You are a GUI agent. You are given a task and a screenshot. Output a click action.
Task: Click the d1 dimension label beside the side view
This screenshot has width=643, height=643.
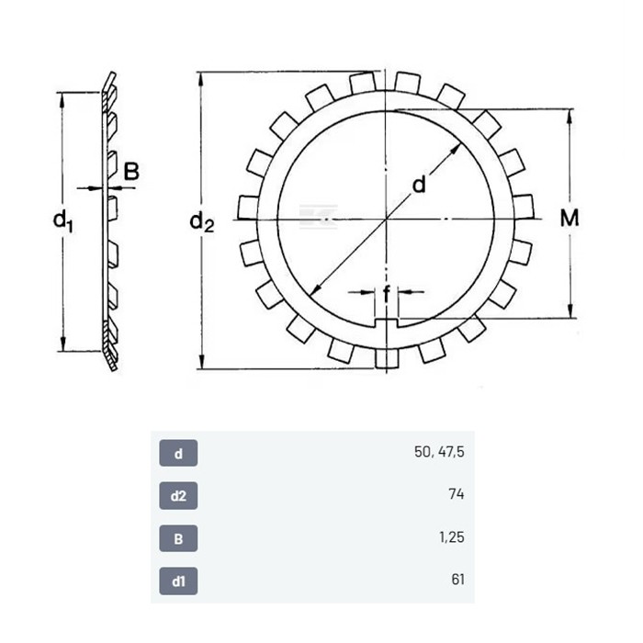coord(63,221)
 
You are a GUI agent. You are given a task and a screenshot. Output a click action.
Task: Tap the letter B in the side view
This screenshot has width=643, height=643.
coord(131,172)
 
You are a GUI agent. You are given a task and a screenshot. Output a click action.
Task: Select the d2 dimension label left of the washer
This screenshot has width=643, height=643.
coord(202,222)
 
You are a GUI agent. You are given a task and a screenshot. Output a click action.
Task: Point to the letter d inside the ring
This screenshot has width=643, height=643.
coord(419,184)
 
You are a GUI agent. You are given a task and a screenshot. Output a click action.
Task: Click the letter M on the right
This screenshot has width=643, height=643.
coord(570,218)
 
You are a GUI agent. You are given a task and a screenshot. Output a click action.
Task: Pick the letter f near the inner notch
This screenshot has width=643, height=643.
coord(387,294)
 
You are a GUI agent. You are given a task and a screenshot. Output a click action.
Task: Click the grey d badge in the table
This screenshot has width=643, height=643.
coord(178,453)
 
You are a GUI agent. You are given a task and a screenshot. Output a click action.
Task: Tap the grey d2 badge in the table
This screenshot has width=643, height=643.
coord(178,496)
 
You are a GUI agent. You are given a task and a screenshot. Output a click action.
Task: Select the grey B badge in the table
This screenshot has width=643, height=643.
coord(178,538)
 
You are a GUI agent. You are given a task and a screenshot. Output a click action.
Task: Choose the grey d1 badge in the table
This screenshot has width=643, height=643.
coord(178,581)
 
